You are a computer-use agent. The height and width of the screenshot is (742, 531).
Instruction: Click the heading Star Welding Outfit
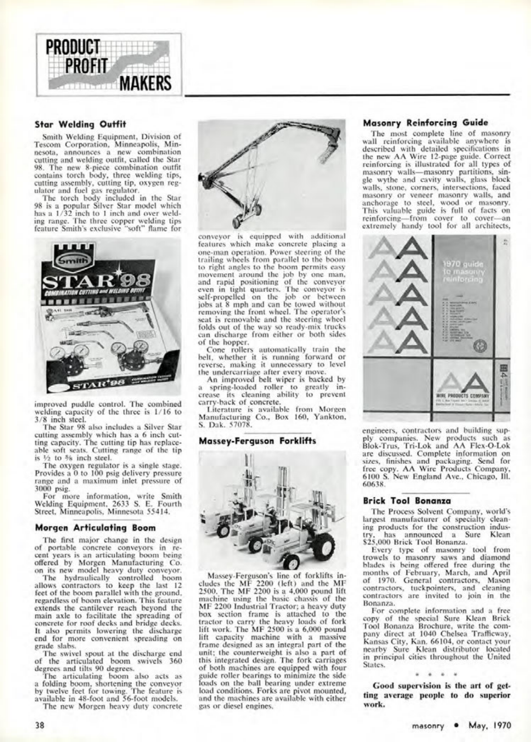(80, 124)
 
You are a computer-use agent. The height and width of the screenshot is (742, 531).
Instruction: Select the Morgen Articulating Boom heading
(95, 528)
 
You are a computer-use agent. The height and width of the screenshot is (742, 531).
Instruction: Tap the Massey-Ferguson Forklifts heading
(257, 441)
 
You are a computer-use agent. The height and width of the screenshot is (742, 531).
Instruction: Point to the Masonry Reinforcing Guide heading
(425, 122)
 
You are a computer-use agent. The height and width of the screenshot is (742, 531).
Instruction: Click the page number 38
(40, 725)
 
